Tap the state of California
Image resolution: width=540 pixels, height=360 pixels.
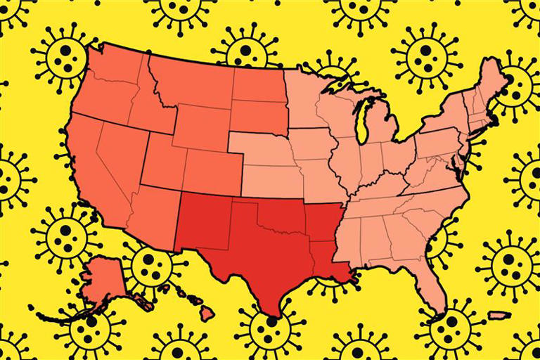click(x=91, y=176)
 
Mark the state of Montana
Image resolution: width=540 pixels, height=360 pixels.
click(x=190, y=81)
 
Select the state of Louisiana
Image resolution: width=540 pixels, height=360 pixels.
click(x=330, y=264)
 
